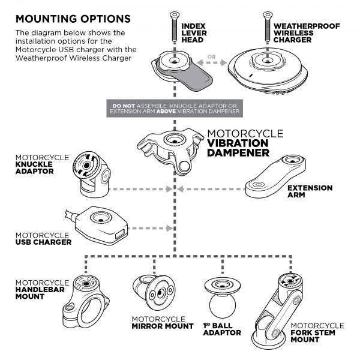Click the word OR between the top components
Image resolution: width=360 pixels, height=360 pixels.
click(x=212, y=59)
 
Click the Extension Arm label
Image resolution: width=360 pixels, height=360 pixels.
click(x=309, y=191)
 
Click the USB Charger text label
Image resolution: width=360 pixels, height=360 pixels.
click(x=43, y=239)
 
